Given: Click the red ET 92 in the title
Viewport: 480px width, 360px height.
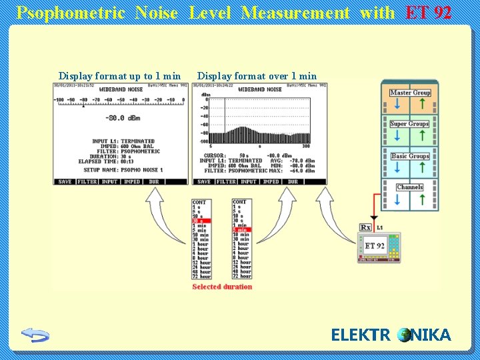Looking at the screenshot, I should [x=429, y=13].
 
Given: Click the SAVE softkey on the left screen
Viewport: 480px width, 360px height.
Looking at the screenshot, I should [x=65, y=181].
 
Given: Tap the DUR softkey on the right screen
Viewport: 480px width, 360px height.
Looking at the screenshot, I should [x=293, y=181].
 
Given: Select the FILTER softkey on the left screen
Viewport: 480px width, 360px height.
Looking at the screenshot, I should [x=87, y=181].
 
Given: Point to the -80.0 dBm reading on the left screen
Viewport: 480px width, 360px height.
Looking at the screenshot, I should [x=123, y=118].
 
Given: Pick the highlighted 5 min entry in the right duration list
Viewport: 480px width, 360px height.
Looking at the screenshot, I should [x=240, y=230].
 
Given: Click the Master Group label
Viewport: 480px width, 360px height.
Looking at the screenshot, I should [x=410, y=93].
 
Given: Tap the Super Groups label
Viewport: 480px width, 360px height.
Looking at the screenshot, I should [x=409, y=124].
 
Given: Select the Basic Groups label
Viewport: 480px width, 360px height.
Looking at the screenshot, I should [x=410, y=156].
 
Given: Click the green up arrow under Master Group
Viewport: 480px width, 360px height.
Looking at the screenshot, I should [x=422, y=105].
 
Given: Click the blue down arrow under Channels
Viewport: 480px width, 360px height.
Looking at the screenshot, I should [x=397, y=199].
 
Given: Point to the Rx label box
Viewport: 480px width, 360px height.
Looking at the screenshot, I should [x=365, y=227].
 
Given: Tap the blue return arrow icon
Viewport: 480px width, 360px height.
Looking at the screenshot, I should [x=35, y=335].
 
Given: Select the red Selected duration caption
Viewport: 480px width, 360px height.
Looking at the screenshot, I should [x=222, y=287].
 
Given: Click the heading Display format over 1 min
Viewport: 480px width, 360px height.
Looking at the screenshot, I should [x=257, y=76].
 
